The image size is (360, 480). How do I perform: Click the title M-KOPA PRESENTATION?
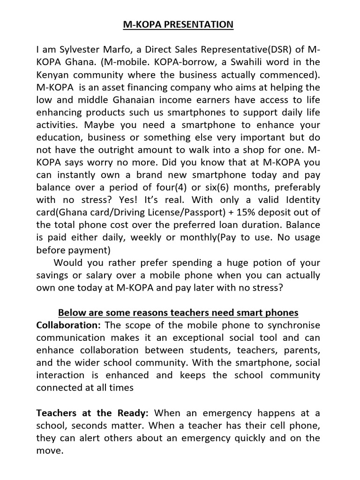pos(178,25)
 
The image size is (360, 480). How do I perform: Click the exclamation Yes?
pos(128,200)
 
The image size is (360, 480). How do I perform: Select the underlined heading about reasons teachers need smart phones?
pos(178,313)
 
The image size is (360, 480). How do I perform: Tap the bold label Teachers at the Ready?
pos(92,413)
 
